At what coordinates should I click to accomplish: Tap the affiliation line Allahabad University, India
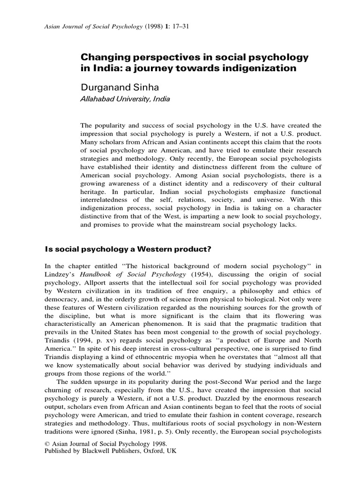pyautogui.click(x=126, y=99)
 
